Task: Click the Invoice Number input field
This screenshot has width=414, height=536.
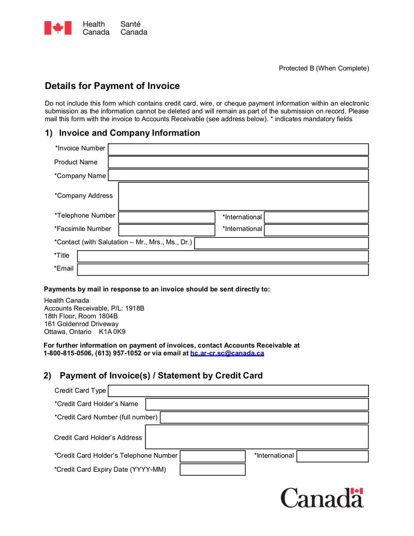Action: pyautogui.click(x=238, y=149)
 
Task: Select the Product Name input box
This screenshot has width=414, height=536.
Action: pyautogui.click(x=238, y=162)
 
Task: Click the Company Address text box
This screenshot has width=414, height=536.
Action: pyautogui.click(x=243, y=196)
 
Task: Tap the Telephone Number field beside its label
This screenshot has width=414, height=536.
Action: pyautogui.click(x=167, y=217)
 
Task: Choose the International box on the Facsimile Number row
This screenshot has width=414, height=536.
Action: pyautogui.click(x=316, y=230)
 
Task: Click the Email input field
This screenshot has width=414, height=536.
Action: pyautogui.click(x=223, y=269)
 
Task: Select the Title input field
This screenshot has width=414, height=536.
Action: pyautogui.click(x=223, y=256)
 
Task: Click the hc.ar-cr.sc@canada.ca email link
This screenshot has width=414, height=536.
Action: pyautogui.click(x=227, y=353)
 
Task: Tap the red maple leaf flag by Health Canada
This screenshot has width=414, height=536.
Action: pyautogui.click(x=57, y=28)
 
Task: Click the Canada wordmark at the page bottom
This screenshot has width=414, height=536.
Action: pyautogui.click(x=322, y=498)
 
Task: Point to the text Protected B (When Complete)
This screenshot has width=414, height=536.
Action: pyautogui.click(x=324, y=68)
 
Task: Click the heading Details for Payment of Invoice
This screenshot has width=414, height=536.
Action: pyautogui.click(x=112, y=86)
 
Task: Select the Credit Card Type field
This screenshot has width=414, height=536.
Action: pyautogui.click(x=238, y=391)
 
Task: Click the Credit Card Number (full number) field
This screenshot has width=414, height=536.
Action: pyautogui.click(x=264, y=417)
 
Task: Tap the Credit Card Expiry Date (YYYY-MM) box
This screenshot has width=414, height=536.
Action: pyautogui.click(x=212, y=470)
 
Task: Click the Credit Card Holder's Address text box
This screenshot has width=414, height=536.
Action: pyautogui.click(x=257, y=437)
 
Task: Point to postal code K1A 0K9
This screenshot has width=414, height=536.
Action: pyautogui.click(x=112, y=331)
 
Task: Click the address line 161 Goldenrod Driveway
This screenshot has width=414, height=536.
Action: pyautogui.click(x=81, y=324)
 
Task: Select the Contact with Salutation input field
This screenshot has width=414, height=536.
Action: pyautogui.click(x=282, y=243)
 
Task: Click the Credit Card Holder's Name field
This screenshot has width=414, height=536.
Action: pyautogui.click(x=257, y=404)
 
